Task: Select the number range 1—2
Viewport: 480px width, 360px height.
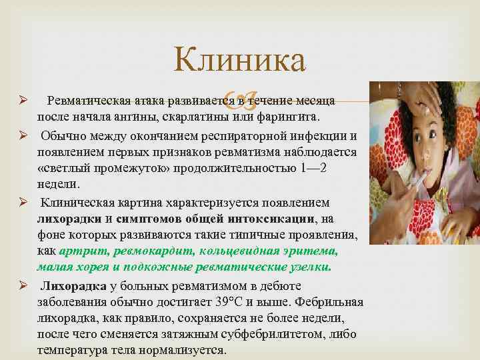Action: pos(311,168)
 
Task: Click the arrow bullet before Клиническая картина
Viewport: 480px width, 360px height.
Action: pos(22,202)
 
